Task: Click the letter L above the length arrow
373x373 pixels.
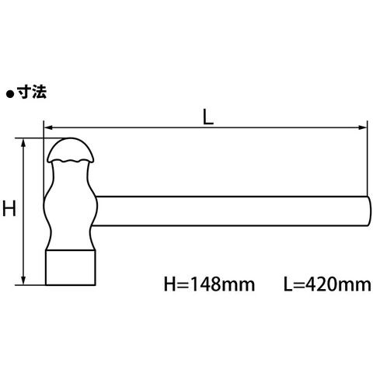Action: click(208, 117)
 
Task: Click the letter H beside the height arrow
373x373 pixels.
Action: click(9, 208)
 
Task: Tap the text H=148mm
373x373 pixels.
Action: click(209, 284)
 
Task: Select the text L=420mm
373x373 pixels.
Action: click(327, 284)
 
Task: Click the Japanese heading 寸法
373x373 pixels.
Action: click(32, 92)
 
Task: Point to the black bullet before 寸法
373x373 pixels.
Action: click(10, 94)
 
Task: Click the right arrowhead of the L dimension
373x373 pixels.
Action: click(362, 127)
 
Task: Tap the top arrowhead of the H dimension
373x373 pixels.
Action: click(23, 143)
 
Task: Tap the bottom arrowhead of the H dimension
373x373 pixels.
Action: click(23, 281)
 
